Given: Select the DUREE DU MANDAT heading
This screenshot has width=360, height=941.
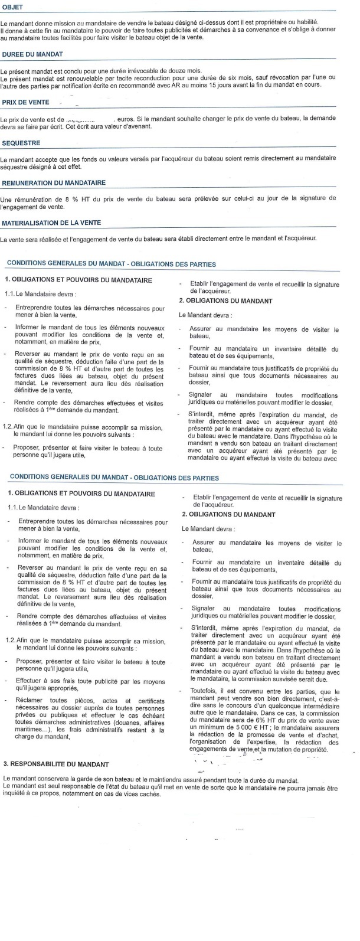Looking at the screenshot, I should coord(29,54).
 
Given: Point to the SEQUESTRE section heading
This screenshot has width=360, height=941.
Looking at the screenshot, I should coord(21,143).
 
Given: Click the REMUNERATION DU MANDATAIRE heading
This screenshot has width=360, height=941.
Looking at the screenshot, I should coord(53,182).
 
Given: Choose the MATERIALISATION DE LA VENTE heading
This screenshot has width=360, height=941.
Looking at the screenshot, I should coord(51,223).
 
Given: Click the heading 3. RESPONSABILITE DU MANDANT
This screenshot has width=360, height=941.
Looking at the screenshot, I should coord(56,764).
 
